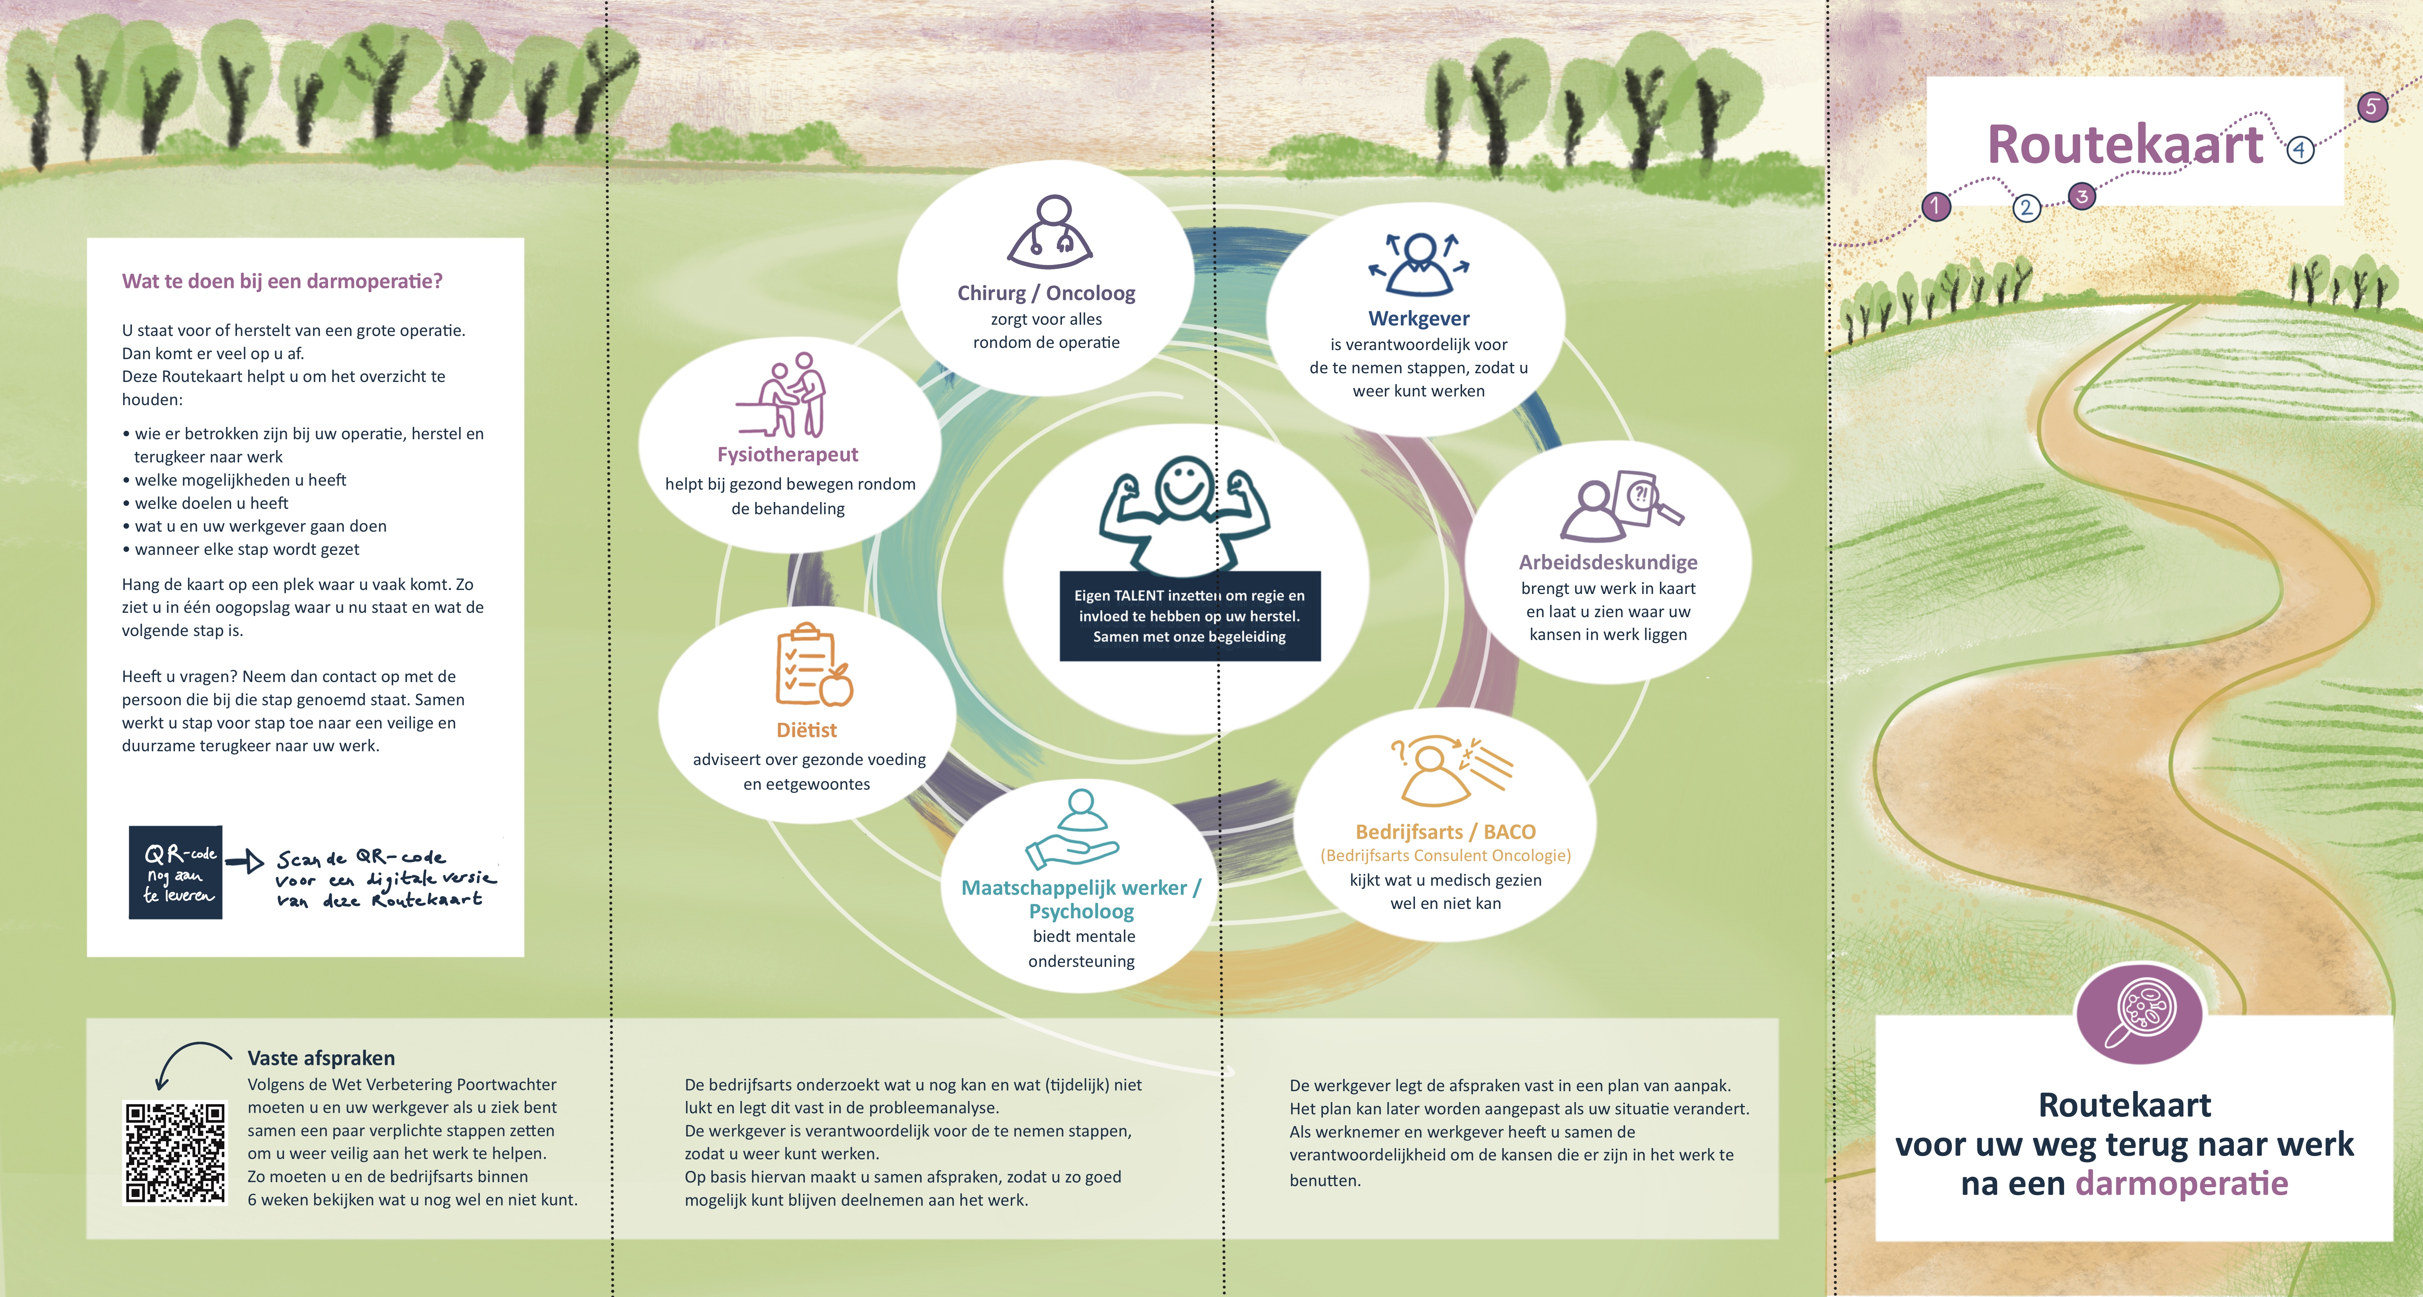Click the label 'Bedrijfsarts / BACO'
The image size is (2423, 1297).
(1445, 831)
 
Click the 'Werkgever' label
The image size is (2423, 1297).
(1418, 319)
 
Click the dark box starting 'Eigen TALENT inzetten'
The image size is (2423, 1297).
(1190, 616)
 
